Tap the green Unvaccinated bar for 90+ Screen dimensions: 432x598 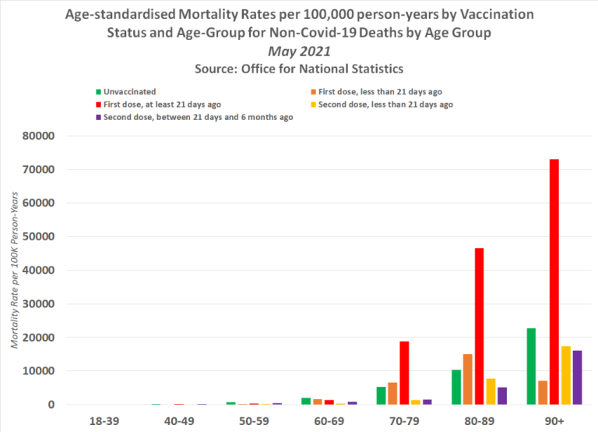click(531, 366)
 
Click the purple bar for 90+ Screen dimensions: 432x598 click(578, 377)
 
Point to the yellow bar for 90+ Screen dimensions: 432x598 click(566, 375)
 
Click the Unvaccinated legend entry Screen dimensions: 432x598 click(128, 92)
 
